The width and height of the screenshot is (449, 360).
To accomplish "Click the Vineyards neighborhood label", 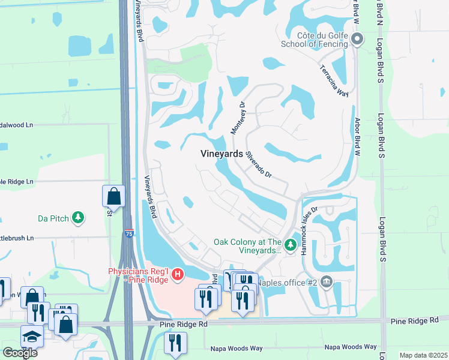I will click(x=221, y=154).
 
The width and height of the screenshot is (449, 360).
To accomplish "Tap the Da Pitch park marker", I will click(x=77, y=217).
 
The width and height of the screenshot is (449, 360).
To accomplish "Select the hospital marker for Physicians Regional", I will click(x=177, y=275).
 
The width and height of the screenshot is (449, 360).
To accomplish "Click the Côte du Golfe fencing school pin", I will click(x=357, y=40).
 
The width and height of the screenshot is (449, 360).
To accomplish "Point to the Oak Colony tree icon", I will click(x=291, y=245).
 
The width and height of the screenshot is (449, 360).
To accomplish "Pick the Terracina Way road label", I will click(x=334, y=80).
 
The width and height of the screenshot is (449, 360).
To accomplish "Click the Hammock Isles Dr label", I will click(x=309, y=231).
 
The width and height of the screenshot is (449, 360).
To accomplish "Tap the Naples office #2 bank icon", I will click(x=326, y=281).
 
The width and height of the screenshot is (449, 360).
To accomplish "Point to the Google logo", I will click(x=20, y=353).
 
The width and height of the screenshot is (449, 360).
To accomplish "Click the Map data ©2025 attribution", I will click(x=423, y=355).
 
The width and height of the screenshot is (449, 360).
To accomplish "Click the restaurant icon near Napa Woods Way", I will click(x=175, y=343).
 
